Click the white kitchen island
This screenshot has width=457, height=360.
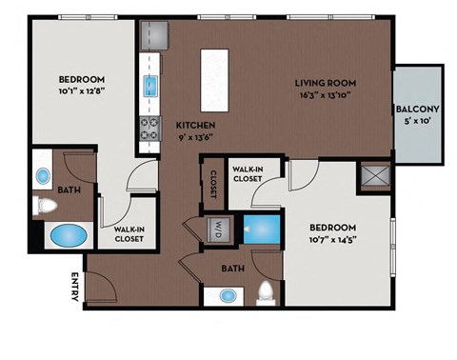point(215,73)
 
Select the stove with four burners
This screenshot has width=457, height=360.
point(150,128)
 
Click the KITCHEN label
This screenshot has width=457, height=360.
point(194,125)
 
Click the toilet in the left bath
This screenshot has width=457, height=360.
point(44,204)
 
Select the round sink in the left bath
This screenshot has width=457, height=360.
point(44,177)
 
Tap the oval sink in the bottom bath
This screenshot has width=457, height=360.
point(228,295)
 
